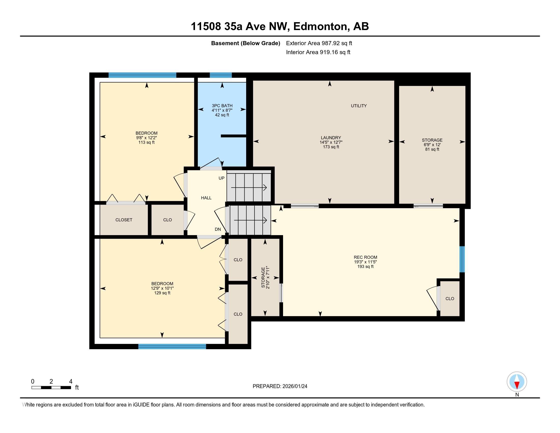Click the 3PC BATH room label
click(x=222, y=106)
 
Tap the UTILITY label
click(x=359, y=106)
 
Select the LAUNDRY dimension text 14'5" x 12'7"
click(x=331, y=142)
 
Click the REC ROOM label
click(x=365, y=257)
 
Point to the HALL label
click(x=206, y=198)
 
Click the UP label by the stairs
click(x=221, y=178)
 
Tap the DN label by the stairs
click(x=218, y=229)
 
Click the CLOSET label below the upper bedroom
click(x=124, y=220)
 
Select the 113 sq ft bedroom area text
click(x=146, y=142)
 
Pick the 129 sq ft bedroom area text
click(x=162, y=293)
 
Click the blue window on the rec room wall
click(x=462, y=259)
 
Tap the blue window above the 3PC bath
click(x=220, y=75)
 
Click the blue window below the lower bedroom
click(x=172, y=347)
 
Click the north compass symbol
click(x=517, y=382)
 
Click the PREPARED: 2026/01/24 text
click(x=280, y=386)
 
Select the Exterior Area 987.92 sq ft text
click(x=319, y=43)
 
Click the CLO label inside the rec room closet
click(x=450, y=299)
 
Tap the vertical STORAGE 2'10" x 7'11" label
click(x=265, y=278)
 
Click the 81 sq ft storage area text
click(x=432, y=149)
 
